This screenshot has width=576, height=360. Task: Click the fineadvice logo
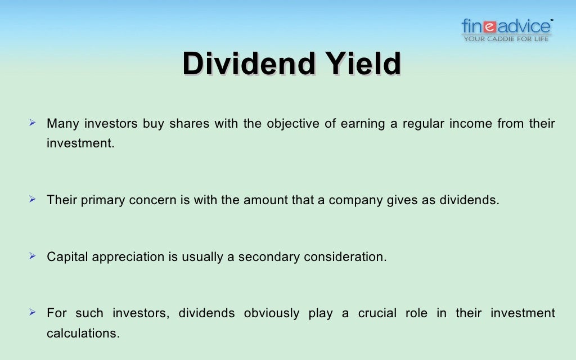506,26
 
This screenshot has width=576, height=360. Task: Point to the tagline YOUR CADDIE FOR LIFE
506,39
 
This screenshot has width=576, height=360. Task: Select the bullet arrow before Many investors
33,123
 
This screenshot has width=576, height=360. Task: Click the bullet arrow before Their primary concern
33,200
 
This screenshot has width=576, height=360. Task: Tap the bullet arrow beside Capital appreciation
33,256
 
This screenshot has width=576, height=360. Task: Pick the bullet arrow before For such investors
33,312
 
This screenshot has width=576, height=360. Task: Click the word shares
187,124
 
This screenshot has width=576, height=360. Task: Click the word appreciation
129,257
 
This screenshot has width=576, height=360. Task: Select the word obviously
271,313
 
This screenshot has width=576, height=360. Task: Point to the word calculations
83,332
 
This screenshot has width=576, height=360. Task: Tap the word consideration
345,257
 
